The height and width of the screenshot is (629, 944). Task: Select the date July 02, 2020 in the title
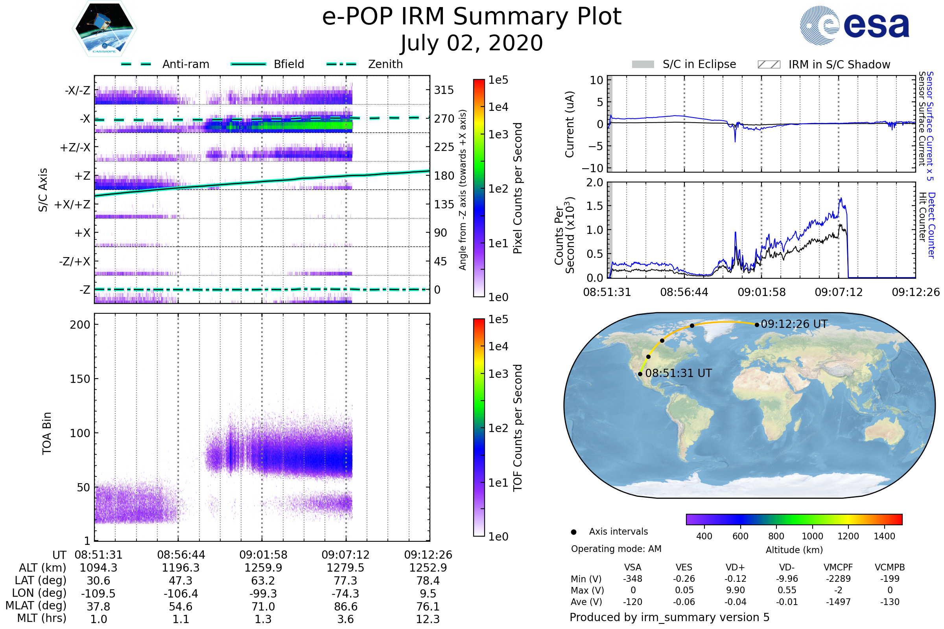tap(472, 43)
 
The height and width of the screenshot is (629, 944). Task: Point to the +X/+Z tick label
tap(72, 204)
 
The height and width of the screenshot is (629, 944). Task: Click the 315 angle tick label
tap(444, 90)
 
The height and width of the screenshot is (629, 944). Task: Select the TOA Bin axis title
tap(47, 433)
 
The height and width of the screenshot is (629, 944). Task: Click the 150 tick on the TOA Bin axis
tap(80, 379)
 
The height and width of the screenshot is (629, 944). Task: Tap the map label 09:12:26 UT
tap(794, 324)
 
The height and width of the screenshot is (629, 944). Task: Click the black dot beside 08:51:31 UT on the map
tap(640, 374)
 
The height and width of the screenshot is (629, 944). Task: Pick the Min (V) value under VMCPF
tap(838, 579)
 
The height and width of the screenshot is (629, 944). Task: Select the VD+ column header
tap(735, 567)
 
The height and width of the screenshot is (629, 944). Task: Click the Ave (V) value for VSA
tap(632, 602)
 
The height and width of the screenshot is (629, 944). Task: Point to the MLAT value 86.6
tap(346, 607)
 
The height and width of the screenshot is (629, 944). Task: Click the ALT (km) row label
tap(42, 568)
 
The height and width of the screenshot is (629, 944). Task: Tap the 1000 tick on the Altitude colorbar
tap(812, 536)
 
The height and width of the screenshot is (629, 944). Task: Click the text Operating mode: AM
tap(616, 549)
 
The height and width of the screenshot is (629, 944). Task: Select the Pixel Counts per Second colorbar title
tap(518, 188)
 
